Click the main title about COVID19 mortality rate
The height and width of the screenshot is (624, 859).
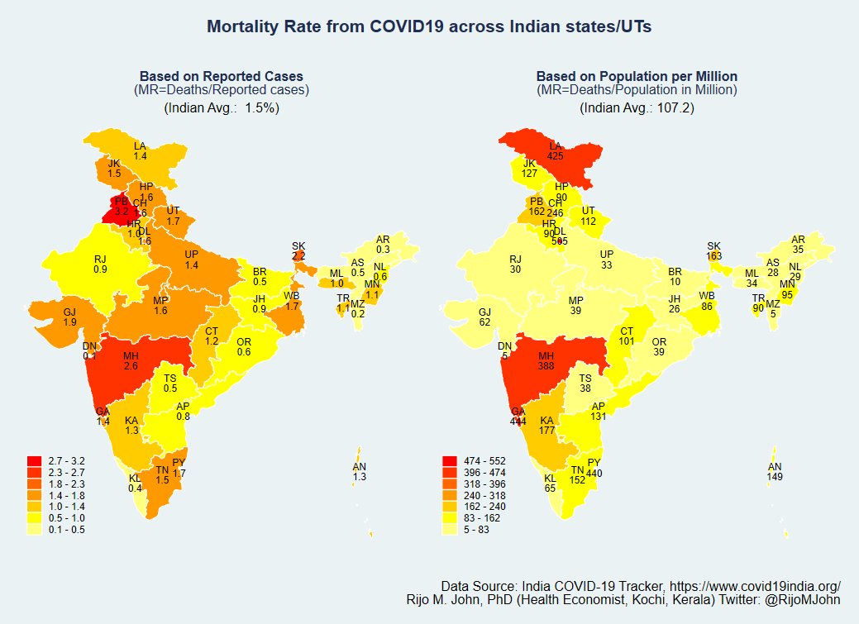pyautogui.click(x=429, y=27)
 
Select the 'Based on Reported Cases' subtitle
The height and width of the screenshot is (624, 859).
pyautogui.click(x=221, y=76)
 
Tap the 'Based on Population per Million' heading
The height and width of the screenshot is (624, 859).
pyautogui.click(x=637, y=76)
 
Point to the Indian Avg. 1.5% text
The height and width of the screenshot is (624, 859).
pyautogui.click(x=221, y=107)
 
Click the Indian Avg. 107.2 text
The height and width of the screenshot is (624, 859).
pyautogui.click(x=637, y=107)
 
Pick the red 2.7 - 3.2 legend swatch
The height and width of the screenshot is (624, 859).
pyautogui.click(x=34, y=460)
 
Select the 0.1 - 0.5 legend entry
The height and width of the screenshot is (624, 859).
pyautogui.click(x=67, y=530)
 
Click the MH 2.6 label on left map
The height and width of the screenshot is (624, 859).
pyautogui.click(x=131, y=360)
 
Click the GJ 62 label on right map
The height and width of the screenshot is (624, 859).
pyautogui.click(x=484, y=317)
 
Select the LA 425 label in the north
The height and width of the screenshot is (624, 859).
pyautogui.click(x=555, y=150)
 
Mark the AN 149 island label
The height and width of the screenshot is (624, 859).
pyautogui.click(x=775, y=472)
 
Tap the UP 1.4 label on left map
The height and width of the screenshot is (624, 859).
pyautogui.click(x=192, y=260)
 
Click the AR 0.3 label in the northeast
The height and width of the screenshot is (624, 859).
pyautogui.click(x=383, y=244)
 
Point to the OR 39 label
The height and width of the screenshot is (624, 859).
pyautogui.click(x=658, y=346)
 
